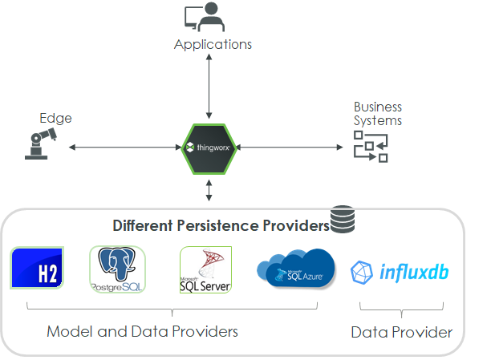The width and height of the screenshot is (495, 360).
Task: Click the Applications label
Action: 213,44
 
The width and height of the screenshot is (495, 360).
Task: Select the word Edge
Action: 55,118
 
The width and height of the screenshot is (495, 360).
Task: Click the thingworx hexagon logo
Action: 209,148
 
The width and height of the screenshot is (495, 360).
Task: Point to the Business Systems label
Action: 378,113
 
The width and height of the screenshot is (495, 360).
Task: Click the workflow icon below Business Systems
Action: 371,147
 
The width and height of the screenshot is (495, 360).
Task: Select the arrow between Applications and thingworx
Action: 209,88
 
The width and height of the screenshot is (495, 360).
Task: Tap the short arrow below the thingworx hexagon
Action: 209,190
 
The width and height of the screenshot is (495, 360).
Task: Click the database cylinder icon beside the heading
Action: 343,219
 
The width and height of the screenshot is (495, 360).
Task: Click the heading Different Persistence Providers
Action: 221,225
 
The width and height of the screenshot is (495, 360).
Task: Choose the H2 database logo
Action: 38,268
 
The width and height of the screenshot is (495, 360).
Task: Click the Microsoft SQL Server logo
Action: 205,270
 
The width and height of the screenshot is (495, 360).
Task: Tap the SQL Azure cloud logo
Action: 295,269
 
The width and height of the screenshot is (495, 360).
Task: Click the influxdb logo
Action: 400,272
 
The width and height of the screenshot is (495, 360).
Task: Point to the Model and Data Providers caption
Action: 142,331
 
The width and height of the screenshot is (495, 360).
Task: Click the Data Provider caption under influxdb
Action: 401,332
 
